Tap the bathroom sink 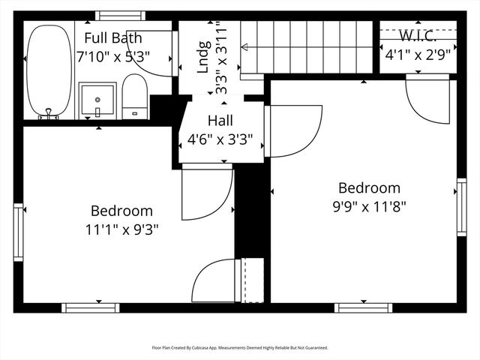click(97, 100)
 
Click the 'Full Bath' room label click(112, 38)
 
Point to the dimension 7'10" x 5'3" click(112, 55)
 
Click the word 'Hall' click(220, 120)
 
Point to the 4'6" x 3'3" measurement click(220, 138)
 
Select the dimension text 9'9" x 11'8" click(369, 205)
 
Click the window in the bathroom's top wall click(120, 16)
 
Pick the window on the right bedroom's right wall click(461, 207)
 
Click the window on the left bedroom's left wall click(18, 232)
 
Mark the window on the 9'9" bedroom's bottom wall click(363, 307)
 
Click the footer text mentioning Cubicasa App click(240, 347)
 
